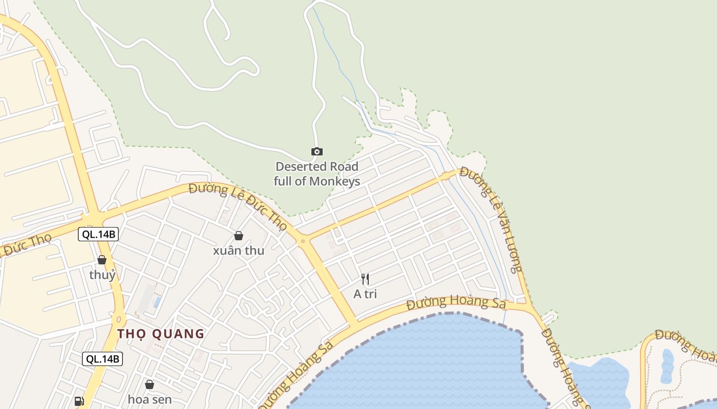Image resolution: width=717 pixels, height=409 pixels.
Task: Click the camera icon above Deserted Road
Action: (317, 151)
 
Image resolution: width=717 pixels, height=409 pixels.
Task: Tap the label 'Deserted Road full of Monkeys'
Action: (317, 174)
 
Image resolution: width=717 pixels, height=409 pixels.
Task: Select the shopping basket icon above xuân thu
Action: (238, 236)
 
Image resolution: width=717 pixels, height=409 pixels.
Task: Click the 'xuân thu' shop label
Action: (239, 251)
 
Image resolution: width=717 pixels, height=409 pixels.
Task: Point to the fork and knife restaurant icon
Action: (365, 279)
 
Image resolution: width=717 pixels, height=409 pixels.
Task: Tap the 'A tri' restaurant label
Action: (365, 294)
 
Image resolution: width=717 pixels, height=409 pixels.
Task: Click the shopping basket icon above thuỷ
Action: (102, 260)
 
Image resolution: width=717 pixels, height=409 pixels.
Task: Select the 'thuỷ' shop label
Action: (102, 275)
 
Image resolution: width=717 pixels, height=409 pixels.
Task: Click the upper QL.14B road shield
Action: (98, 235)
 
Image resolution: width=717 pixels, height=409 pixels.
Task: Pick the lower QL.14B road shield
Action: (102, 359)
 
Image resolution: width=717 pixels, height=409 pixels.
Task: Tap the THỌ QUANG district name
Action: (161, 334)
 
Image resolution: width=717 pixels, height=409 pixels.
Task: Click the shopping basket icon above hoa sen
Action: (150, 384)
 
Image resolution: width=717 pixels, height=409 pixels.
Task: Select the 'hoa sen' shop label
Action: (150, 399)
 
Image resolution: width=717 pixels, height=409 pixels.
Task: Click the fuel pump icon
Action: (79, 401)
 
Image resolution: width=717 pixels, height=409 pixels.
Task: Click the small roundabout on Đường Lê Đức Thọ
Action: (303, 240)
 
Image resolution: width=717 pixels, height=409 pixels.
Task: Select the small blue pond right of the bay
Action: (667, 366)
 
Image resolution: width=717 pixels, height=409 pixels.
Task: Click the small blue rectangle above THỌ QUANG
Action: (157, 302)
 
